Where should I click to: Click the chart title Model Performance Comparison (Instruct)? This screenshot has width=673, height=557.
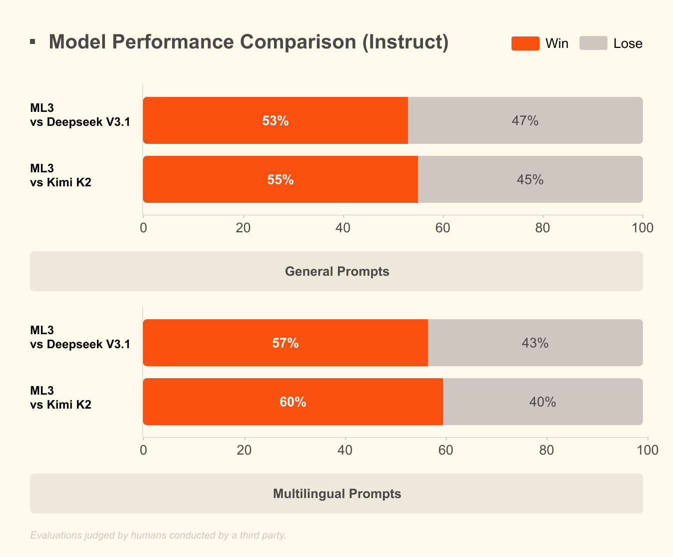(x=248, y=42)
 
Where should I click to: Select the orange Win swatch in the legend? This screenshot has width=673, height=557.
(x=525, y=43)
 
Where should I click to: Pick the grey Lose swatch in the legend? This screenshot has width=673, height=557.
(x=593, y=43)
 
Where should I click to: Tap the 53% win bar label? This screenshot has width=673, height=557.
(x=275, y=121)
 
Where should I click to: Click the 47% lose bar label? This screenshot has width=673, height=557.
(x=525, y=121)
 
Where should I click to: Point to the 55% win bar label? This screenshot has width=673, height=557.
(x=280, y=180)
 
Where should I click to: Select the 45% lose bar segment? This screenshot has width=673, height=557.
(x=530, y=180)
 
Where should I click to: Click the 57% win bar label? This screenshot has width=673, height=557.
(x=285, y=343)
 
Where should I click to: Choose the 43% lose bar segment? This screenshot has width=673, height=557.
(x=535, y=343)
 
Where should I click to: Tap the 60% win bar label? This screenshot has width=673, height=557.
(x=293, y=402)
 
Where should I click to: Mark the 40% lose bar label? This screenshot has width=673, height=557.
(x=542, y=402)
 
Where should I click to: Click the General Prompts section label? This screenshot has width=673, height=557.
(x=336, y=271)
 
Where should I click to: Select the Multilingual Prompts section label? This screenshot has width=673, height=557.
(x=336, y=494)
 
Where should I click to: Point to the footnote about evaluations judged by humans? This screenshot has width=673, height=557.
(x=158, y=535)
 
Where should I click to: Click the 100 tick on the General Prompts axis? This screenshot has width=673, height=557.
(x=642, y=228)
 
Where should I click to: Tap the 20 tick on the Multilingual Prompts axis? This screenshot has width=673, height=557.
(x=244, y=451)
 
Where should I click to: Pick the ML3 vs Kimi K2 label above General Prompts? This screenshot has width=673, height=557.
(x=60, y=175)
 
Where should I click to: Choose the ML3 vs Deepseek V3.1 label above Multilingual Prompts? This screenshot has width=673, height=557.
(x=80, y=337)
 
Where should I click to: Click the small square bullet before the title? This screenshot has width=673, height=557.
(x=32, y=42)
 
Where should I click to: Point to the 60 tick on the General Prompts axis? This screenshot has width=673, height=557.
(x=442, y=228)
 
